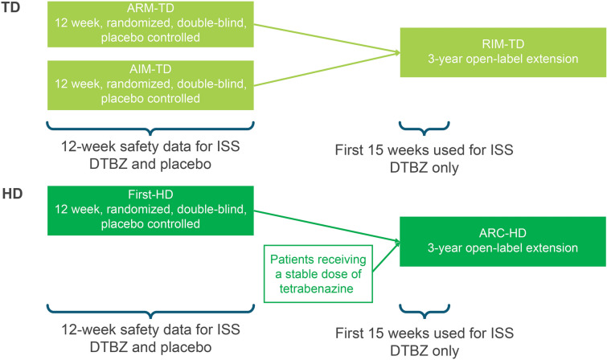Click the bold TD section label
point(12,9)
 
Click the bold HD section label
point(12,195)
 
